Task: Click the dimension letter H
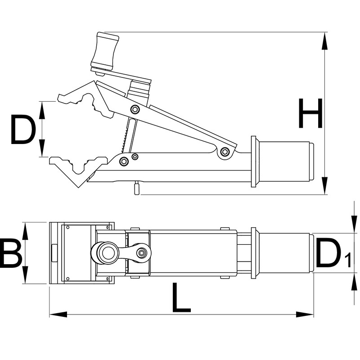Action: click(311, 113)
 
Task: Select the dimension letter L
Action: click(181, 297)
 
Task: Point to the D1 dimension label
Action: click(333, 253)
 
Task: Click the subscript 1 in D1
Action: click(348, 260)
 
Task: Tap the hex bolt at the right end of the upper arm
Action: click(225, 151)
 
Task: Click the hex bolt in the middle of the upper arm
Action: click(135, 109)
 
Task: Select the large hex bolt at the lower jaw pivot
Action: click(124, 161)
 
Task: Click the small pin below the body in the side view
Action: click(137, 188)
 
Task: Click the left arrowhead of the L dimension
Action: click(58, 314)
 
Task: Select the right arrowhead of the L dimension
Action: click(305, 314)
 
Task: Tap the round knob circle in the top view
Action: click(105, 253)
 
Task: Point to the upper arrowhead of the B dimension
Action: click(25, 231)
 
